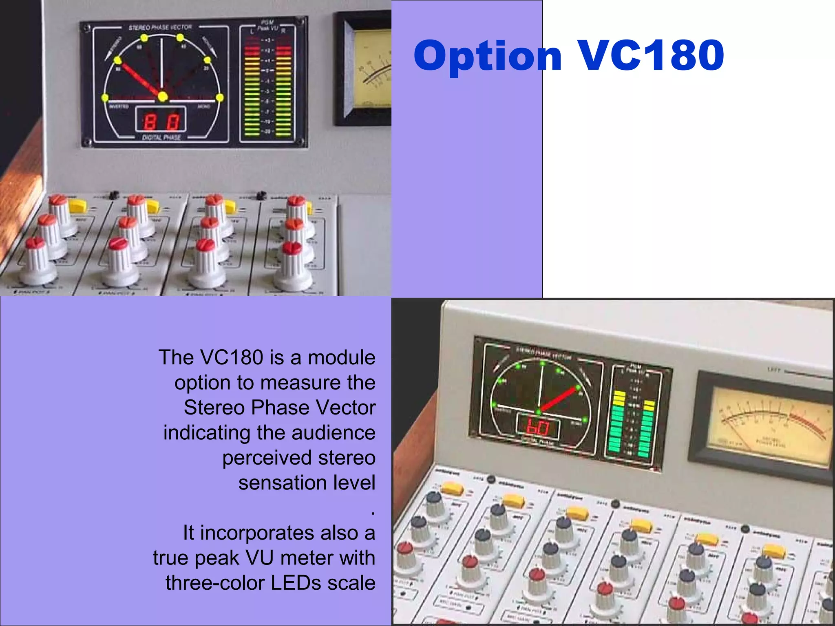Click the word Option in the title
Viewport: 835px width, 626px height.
488,56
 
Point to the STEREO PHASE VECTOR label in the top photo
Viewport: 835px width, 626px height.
160,27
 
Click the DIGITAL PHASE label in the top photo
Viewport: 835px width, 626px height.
161,137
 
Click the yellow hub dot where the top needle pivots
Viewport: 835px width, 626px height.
163,97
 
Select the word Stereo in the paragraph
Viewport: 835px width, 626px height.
214,408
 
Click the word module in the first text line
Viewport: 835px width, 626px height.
341,357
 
